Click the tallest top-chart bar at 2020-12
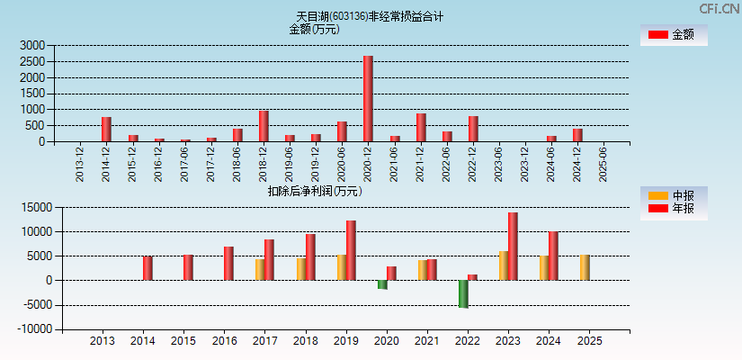click(368, 99)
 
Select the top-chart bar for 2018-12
click(264, 126)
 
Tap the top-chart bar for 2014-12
click(106, 129)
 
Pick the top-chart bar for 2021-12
click(421, 127)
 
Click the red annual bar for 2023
click(513, 246)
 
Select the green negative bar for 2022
click(463, 293)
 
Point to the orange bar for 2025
click(585, 267)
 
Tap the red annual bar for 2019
click(351, 250)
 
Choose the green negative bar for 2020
click(382, 284)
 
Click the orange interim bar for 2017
click(260, 269)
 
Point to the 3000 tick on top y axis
click(31, 45)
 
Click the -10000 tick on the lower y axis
click(37, 329)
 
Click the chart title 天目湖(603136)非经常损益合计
click(370, 16)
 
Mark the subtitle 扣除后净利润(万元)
click(314, 191)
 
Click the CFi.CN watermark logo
click(719, 8)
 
